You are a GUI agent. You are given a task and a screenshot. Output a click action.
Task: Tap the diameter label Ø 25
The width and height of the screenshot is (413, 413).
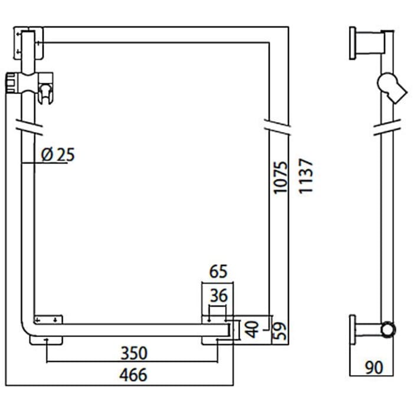[58, 155]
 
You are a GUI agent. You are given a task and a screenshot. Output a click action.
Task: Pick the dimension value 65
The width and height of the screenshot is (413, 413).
[218, 273]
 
